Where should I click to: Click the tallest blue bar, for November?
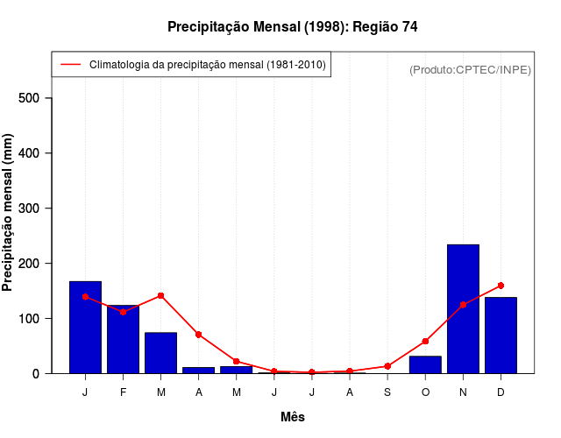[463, 308]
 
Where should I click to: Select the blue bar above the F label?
[123, 339]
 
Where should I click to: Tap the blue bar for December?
[501, 335]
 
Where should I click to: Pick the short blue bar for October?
[425, 364]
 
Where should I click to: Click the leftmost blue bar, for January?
[85, 327]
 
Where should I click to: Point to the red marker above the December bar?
[501, 286]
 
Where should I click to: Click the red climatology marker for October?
[425, 341]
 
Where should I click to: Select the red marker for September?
[387, 366]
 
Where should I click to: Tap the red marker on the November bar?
[463, 304]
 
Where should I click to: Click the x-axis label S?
[387, 392]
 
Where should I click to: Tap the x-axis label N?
[463, 392]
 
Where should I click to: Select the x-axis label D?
[501, 392]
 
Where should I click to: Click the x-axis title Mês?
[293, 417]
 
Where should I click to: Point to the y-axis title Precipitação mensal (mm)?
[9, 212]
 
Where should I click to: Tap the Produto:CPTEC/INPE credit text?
[470, 69]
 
